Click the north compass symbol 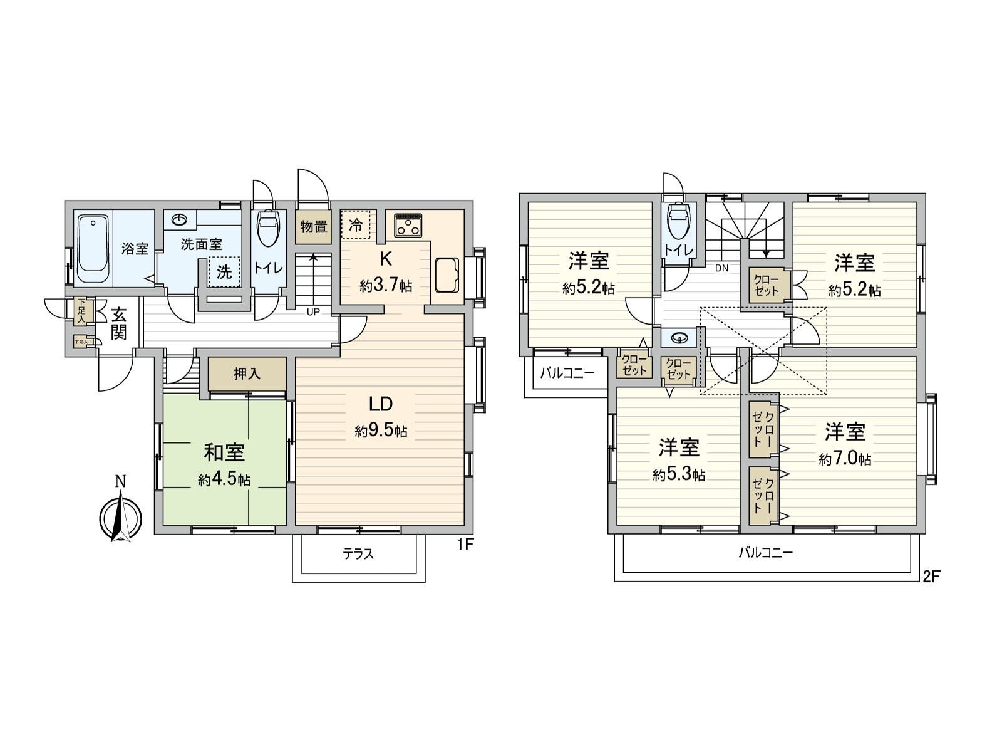tap(121, 517)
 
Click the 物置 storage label tap(313, 226)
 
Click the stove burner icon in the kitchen tap(408, 225)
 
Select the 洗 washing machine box tap(224, 272)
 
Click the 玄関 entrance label tap(119, 323)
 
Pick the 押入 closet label tap(247, 374)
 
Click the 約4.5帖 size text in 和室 tap(224, 480)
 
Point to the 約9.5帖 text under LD tap(380, 431)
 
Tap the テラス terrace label tap(358, 554)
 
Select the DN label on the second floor tap(721, 268)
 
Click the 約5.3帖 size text tap(678, 475)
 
